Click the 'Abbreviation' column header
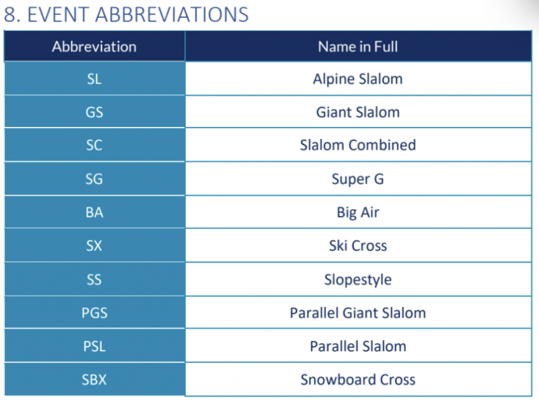(x=94, y=47)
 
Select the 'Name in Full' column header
(x=358, y=47)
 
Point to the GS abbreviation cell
(x=94, y=112)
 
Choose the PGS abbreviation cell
(x=95, y=313)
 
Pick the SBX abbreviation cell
(x=94, y=380)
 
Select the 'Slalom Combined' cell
(x=358, y=145)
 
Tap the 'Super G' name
(x=358, y=179)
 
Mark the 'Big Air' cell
(x=358, y=212)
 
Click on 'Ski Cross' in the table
(x=358, y=245)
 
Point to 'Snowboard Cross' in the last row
(x=358, y=380)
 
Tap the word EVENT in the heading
(x=57, y=15)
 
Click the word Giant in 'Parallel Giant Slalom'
(x=360, y=313)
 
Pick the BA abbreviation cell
(x=94, y=212)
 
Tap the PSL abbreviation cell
(x=94, y=346)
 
